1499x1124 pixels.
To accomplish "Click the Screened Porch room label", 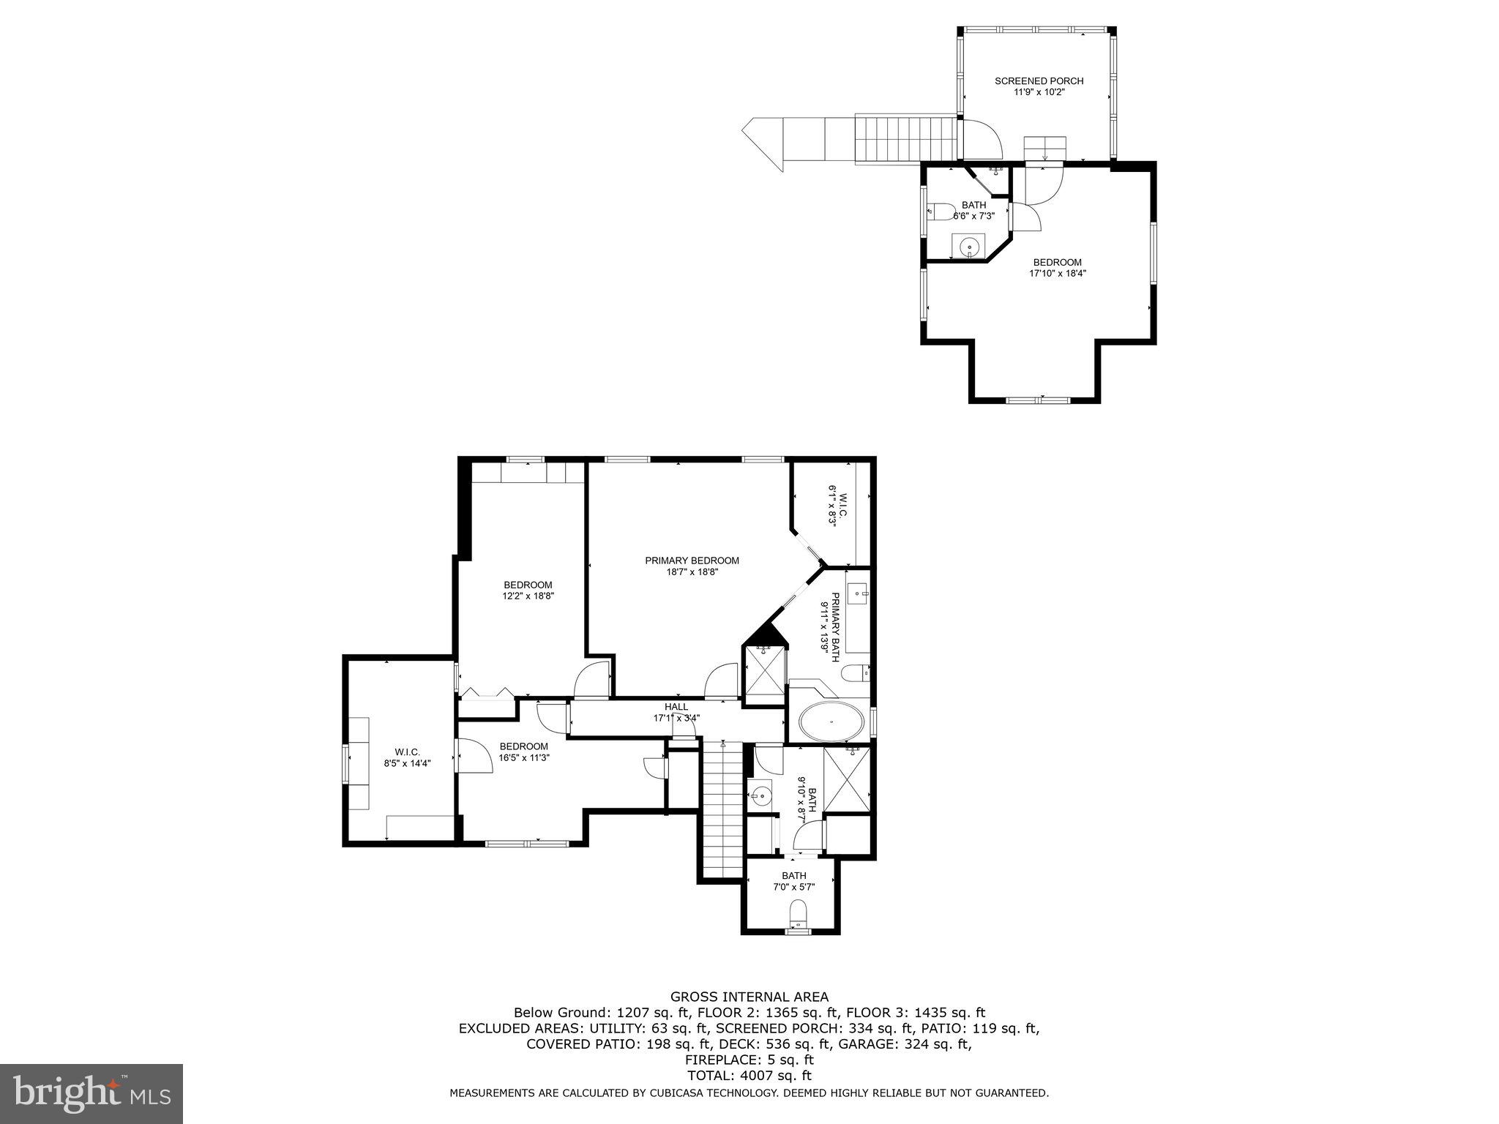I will [x=1039, y=81].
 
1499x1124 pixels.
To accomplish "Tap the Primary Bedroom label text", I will [x=692, y=561].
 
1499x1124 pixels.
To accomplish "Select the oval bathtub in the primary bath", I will [x=831, y=722].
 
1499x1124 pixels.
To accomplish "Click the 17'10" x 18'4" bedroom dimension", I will [x=1057, y=274].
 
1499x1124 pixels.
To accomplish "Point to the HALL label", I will [x=676, y=706].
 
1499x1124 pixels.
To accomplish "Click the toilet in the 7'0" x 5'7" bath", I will [x=798, y=913].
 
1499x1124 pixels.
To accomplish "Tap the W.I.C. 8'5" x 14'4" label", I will [x=407, y=757].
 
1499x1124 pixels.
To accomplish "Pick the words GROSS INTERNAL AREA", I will [x=749, y=997].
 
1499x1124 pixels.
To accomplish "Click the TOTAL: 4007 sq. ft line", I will [x=749, y=1076].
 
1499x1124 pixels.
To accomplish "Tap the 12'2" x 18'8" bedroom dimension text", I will [x=528, y=596].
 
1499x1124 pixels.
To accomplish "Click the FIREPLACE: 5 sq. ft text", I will [x=749, y=1060].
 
